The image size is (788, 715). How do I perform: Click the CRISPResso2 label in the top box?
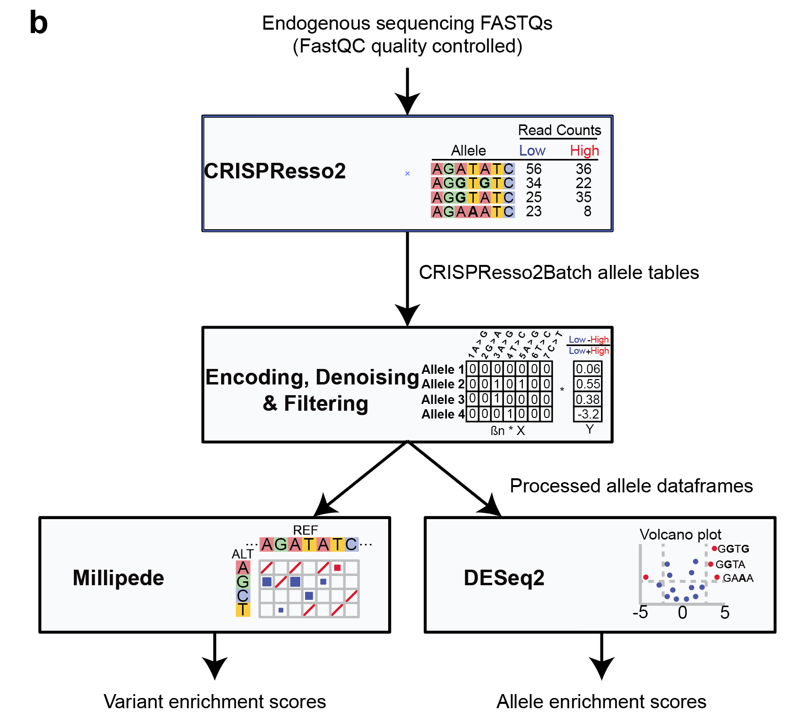[274, 171]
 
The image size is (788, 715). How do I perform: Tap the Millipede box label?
[118, 578]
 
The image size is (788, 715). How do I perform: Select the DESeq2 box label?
[504, 578]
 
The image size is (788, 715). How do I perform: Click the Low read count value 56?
[533, 169]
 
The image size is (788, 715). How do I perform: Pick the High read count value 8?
[587, 211]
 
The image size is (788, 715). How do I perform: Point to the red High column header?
[584, 151]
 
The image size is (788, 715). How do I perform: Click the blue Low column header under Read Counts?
[532, 151]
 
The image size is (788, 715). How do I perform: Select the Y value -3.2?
[588, 414]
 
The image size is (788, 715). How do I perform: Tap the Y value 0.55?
[588, 384]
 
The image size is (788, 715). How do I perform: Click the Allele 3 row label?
[443, 400]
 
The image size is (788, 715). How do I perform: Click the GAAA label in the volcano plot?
[738, 578]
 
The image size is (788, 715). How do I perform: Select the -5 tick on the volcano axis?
[640, 612]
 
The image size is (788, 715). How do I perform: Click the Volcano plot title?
[680, 535]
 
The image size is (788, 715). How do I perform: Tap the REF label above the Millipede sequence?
[305, 530]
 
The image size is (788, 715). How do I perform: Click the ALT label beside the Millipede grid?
[242, 554]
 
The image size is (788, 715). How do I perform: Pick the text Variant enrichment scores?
[215, 701]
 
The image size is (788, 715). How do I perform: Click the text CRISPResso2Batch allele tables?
[559, 273]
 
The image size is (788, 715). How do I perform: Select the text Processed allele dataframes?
[631, 486]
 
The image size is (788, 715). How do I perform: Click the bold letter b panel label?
[38, 23]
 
